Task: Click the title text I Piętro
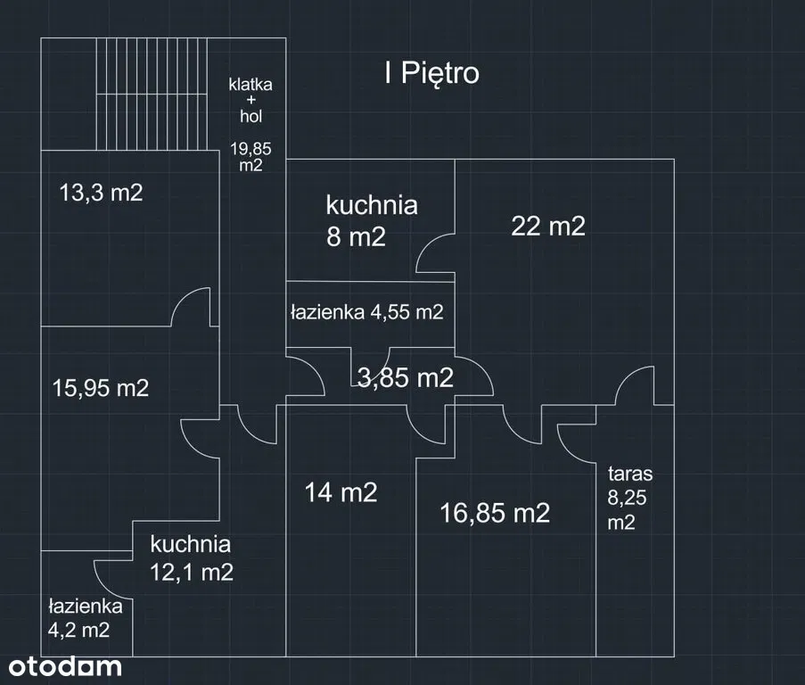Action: click(x=431, y=73)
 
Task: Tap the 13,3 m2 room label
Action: click(x=101, y=193)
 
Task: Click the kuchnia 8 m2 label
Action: click(x=371, y=221)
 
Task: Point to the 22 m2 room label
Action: click(x=548, y=227)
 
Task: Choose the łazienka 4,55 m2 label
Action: click(x=366, y=312)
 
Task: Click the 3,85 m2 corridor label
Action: click(x=405, y=377)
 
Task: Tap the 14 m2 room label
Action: click(x=341, y=492)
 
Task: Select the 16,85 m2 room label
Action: click(x=495, y=513)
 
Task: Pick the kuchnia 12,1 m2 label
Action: click(x=191, y=557)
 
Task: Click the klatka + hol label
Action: click(x=251, y=100)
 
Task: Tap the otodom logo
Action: click(x=65, y=665)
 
